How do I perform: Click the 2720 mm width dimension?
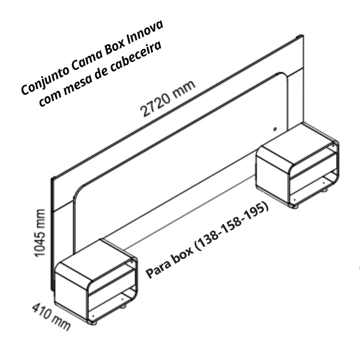pyautogui.click(x=168, y=99)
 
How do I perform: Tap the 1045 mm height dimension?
pyautogui.click(x=39, y=233)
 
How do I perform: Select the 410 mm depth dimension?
pyautogui.click(x=51, y=316)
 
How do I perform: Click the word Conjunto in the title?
pyautogui.click(x=44, y=79)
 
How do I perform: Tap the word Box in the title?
pyautogui.click(x=115, y=48)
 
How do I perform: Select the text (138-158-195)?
pyautogui.click(x=231, y=226)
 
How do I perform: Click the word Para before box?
pyautogui.click(x=158, y=267)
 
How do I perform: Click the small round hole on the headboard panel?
pyautogui.click(x=275, y=129)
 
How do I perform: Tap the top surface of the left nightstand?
pyautogui.click(x=95, y=261)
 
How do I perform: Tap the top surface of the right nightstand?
pyautogui.click(x=296, y=144)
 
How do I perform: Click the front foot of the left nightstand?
pyautogui.click(x=93, y=322)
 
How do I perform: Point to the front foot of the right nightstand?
pyautogui.click(x=294, y=206)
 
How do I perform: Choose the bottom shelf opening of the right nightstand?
pyautogui.click(x=313, y=186)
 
